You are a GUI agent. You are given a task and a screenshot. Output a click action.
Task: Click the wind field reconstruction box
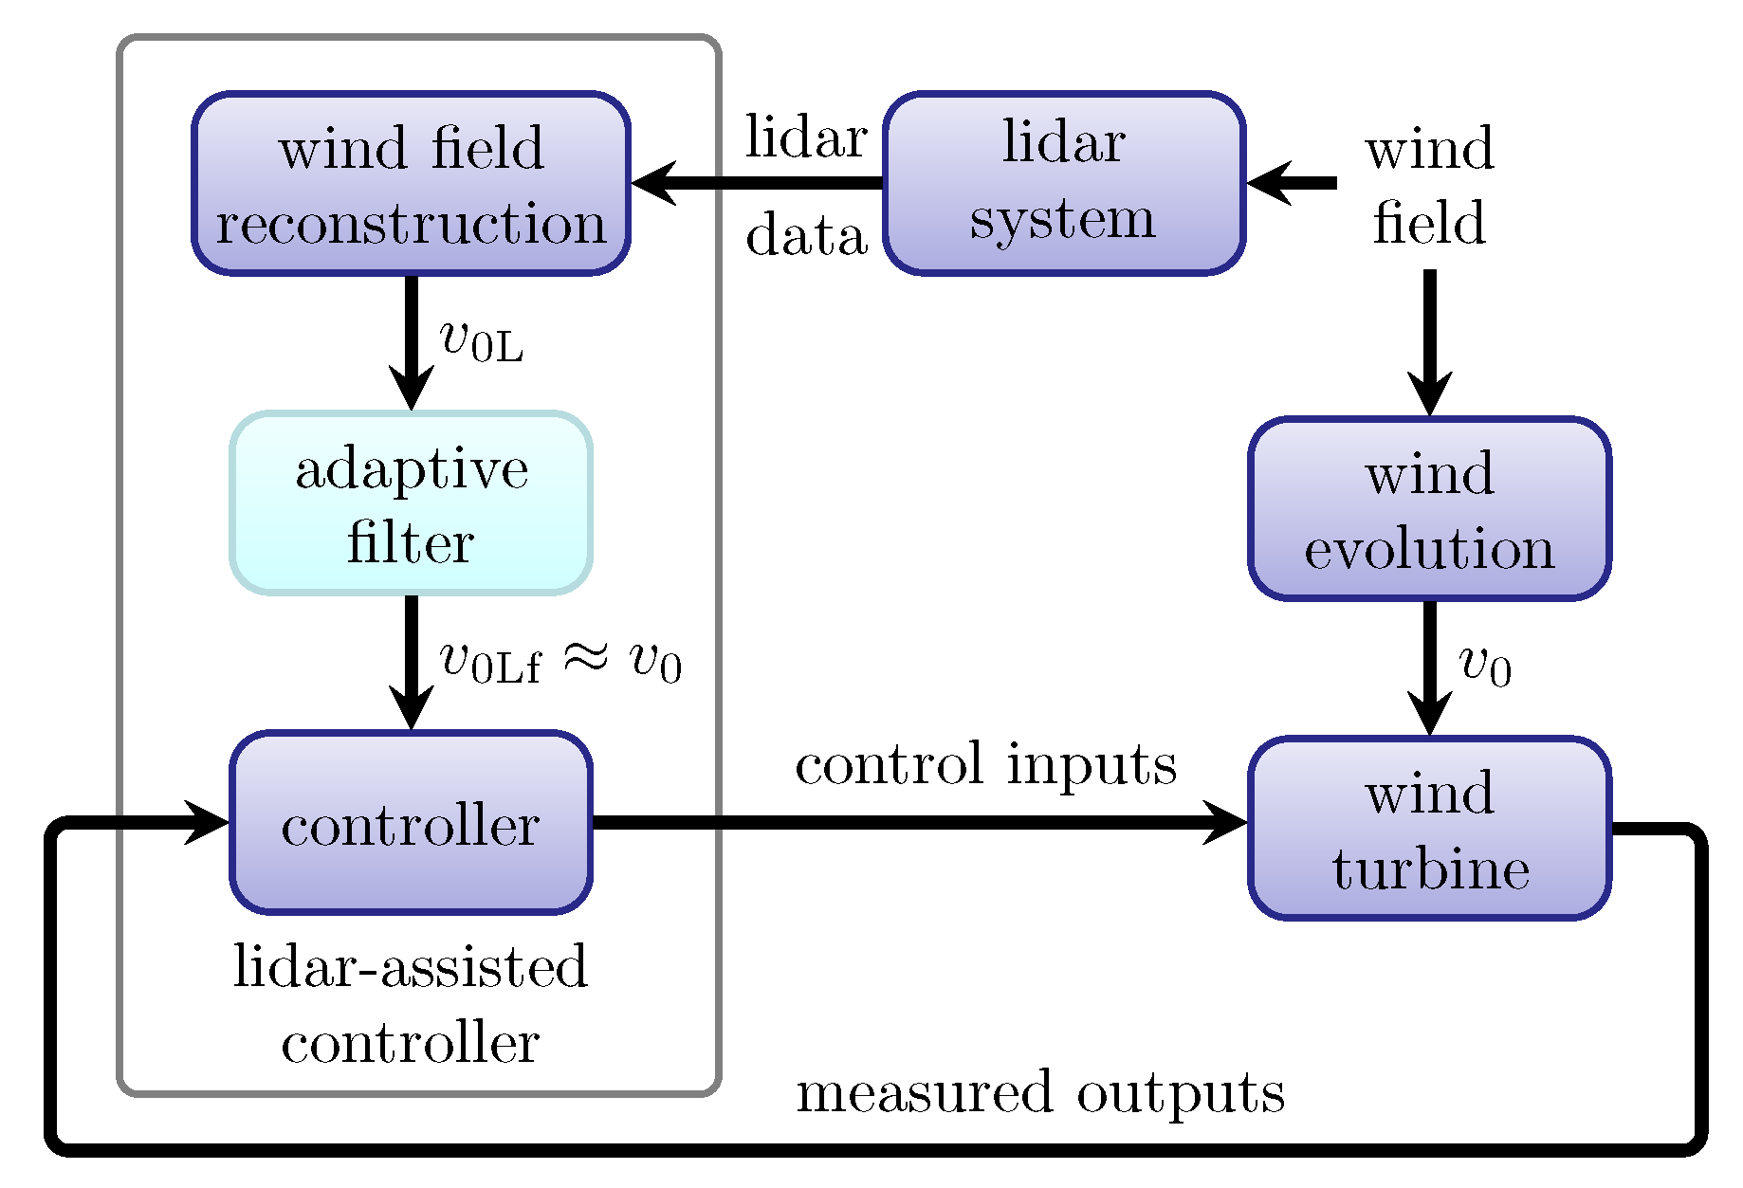point(411,184)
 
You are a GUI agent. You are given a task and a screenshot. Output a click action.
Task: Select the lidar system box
point(1063,183)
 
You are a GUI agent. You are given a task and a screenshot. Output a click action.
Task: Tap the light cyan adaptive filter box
point(411,503)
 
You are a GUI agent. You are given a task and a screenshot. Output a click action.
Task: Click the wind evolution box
point(1429,509)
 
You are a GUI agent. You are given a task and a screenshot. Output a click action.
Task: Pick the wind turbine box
point(1429,829)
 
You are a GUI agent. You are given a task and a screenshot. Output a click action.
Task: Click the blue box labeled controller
point(411,823)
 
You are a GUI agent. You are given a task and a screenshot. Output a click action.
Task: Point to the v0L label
point(481,341)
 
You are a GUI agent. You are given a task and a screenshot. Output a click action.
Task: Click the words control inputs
point(985,764)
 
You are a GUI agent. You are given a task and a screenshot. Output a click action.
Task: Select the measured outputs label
point(1039,1092)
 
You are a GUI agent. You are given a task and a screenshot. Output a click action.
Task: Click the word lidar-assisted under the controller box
point(411,967)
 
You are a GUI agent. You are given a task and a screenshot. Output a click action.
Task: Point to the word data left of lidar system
point(806,235)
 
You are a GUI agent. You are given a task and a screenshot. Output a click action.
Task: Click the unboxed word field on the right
point(1429,224)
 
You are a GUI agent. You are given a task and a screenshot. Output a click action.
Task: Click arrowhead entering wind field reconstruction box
point(654,183)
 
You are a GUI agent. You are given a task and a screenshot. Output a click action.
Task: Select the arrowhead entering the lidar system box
point(1269,183)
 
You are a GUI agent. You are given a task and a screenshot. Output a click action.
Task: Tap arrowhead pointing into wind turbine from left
point(1226,822)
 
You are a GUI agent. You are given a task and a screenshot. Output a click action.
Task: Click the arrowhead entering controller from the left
point(207,822)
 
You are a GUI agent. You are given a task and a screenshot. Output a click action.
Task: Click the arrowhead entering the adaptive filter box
point(411,388)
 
